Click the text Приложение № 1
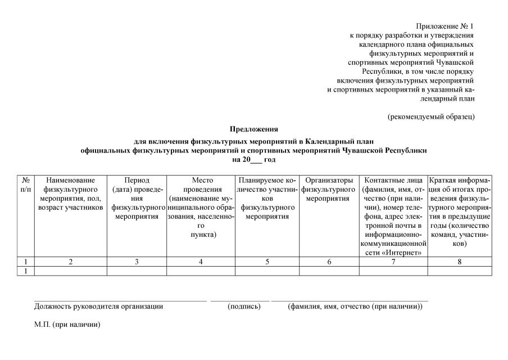click(445, 26)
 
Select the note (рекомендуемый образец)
click(431, 116)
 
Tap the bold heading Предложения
click(253, 129)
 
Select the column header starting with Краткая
click(460, 211)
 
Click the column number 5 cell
click(267, 262)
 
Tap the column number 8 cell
click(460, 262)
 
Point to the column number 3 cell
click(137, 262)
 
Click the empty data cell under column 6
click(329, 271)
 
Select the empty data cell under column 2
click(71, 271)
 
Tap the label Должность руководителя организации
click(98, 307)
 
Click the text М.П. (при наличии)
click(67, 325)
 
